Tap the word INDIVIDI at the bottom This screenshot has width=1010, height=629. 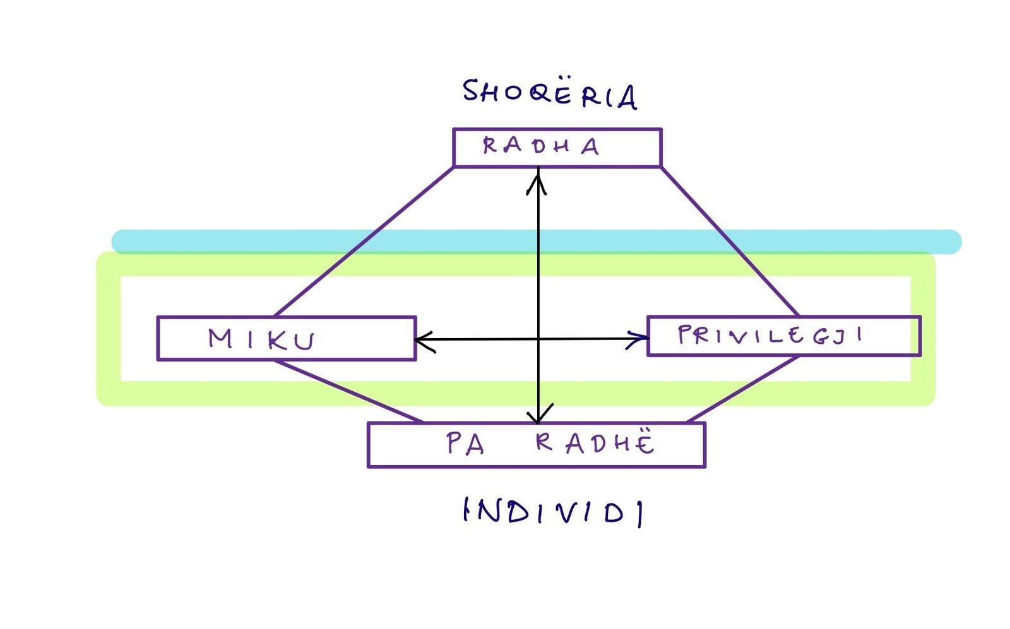pyautogui.click(x=553, y=512)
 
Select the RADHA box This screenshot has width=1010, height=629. pyautogui.click(x=557, y=148)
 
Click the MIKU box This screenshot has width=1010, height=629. pyautogui.click(x=286, y=339)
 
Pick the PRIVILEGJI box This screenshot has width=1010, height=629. pyautogui.click(x=783, y=336)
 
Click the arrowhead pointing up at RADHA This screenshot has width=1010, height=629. pyautogui.click(x=537, y=179)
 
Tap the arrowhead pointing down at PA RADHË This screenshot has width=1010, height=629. pyautogui.click(x=538, y=417)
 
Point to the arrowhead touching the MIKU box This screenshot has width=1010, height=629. pyautogui.click(x=422, y=341)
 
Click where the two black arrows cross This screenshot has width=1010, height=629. pyautogui.click(x=538, y=339)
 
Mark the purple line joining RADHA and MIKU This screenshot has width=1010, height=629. pyautogui.click(x=364, y=242)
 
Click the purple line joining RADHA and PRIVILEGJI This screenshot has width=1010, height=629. pyautogui.click(x=730, y=242)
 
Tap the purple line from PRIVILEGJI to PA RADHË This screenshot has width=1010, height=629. pyautogui.click(x=744, y=389)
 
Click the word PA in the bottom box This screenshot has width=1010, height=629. pyautogui.click(x=465, y=444)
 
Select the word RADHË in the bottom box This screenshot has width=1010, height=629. pyautogui.click(x=595, y=444)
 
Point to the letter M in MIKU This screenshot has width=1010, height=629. pyautogui.click(x=220, y=339)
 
